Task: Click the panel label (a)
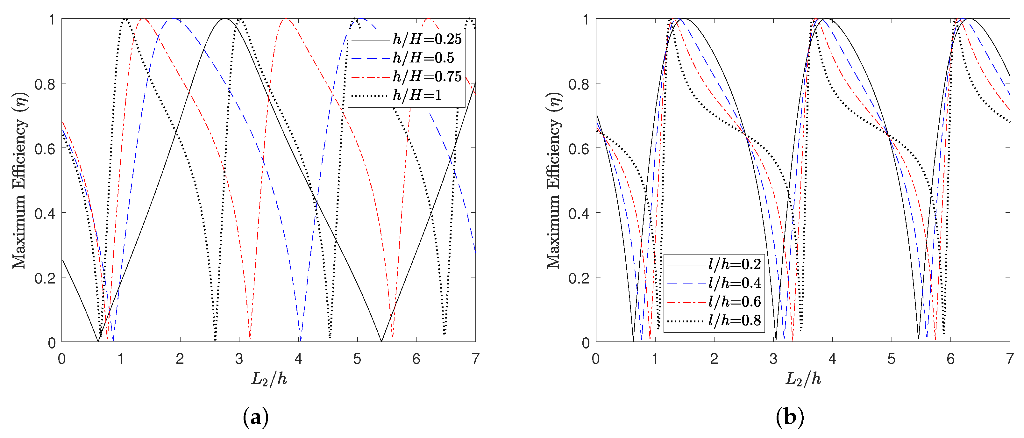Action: coord(256,417)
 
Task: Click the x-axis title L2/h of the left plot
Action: coord(269,378)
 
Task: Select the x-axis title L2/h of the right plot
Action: coord(803,378)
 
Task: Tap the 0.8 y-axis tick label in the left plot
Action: coord(45,84)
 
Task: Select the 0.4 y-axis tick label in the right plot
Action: coord(579,213)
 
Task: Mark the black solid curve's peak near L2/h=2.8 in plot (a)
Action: coord(225,19)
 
